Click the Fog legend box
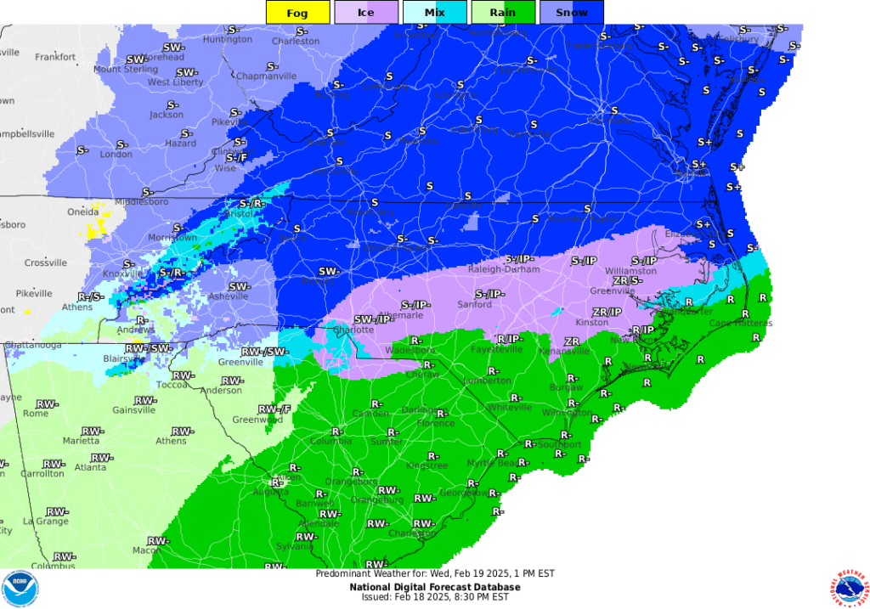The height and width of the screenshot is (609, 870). tap(297, 12)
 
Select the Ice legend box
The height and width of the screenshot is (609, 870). tap(365, 12)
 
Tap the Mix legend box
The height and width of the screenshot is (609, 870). tap(434, 12)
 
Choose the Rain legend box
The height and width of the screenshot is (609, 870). tap(502, 12)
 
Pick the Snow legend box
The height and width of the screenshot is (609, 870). tap(571, 12)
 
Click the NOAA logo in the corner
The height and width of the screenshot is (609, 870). tap(20, 589)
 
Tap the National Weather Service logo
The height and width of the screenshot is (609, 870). tap(846, 589)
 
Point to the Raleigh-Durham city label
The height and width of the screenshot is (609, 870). tap(505, 269)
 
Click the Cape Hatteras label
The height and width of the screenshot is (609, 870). tap(741, 323)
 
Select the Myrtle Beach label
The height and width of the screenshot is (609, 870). tap(493, 463)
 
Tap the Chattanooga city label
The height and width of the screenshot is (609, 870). tap(34, 346)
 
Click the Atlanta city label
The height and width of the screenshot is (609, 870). tap(90, 467)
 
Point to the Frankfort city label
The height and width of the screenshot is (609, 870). tap(55, 57)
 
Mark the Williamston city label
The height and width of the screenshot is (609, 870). tap(630, 271)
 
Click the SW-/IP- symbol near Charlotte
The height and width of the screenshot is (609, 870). tap(373, 319)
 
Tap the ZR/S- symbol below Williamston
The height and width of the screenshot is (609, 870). tap(627, 280)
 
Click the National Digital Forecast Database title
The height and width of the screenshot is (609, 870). tap(434, 586)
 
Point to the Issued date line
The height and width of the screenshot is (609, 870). tap(434, 596)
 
